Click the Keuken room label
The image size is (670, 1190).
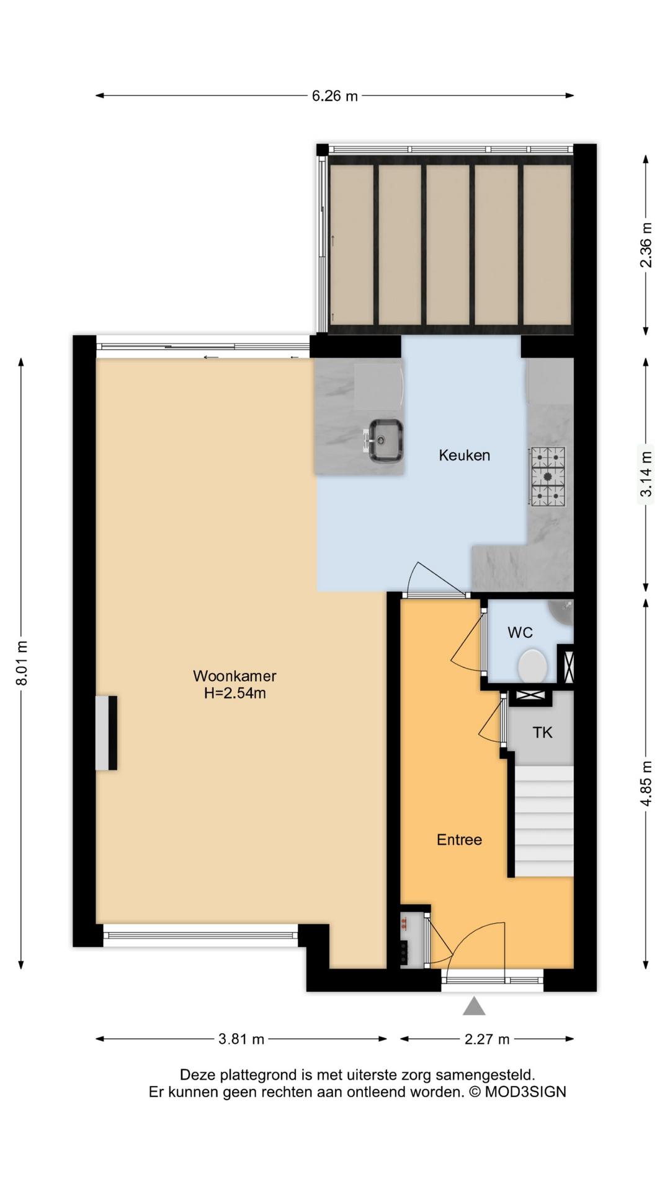pos(464,456)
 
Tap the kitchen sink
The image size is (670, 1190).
pos(385,441)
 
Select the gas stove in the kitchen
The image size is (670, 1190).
pos(547,476)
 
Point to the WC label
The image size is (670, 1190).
pos(520,633)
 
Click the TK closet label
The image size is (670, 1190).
pos(542,733)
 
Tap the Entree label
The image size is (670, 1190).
pos(459,840)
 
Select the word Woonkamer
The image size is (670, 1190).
pos(234,676)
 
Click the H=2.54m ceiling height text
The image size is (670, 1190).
pos(235,693)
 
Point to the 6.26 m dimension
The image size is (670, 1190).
pos(335,96)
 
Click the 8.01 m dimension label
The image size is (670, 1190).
pos(22,663)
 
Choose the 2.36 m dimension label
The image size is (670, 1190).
pos(646,244)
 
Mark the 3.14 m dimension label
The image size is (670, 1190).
pos(646,474)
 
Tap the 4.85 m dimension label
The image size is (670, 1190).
pos(646,783)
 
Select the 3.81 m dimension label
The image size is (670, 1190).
pos(241,1039)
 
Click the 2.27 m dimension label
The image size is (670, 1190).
pos(487,1039)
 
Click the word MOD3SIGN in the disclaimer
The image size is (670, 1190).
pos(525,1092)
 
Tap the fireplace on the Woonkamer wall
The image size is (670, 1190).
pos(106,733)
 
